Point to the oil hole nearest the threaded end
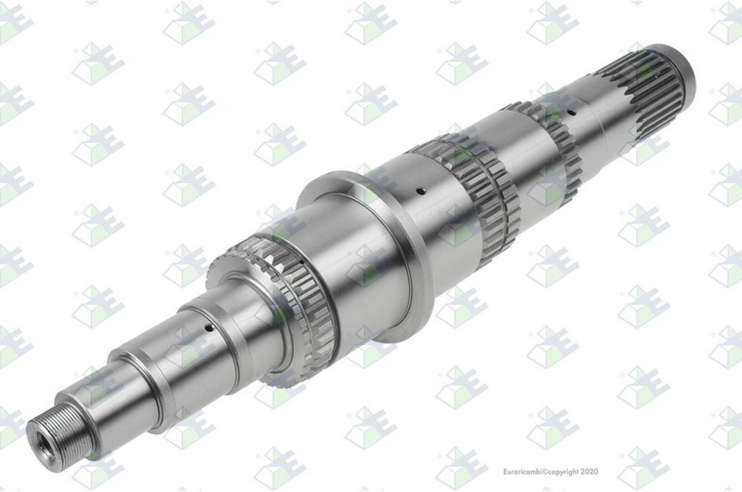tap(206, 326)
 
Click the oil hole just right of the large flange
tap(419, 192)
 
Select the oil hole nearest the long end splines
tap(571, 113)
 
